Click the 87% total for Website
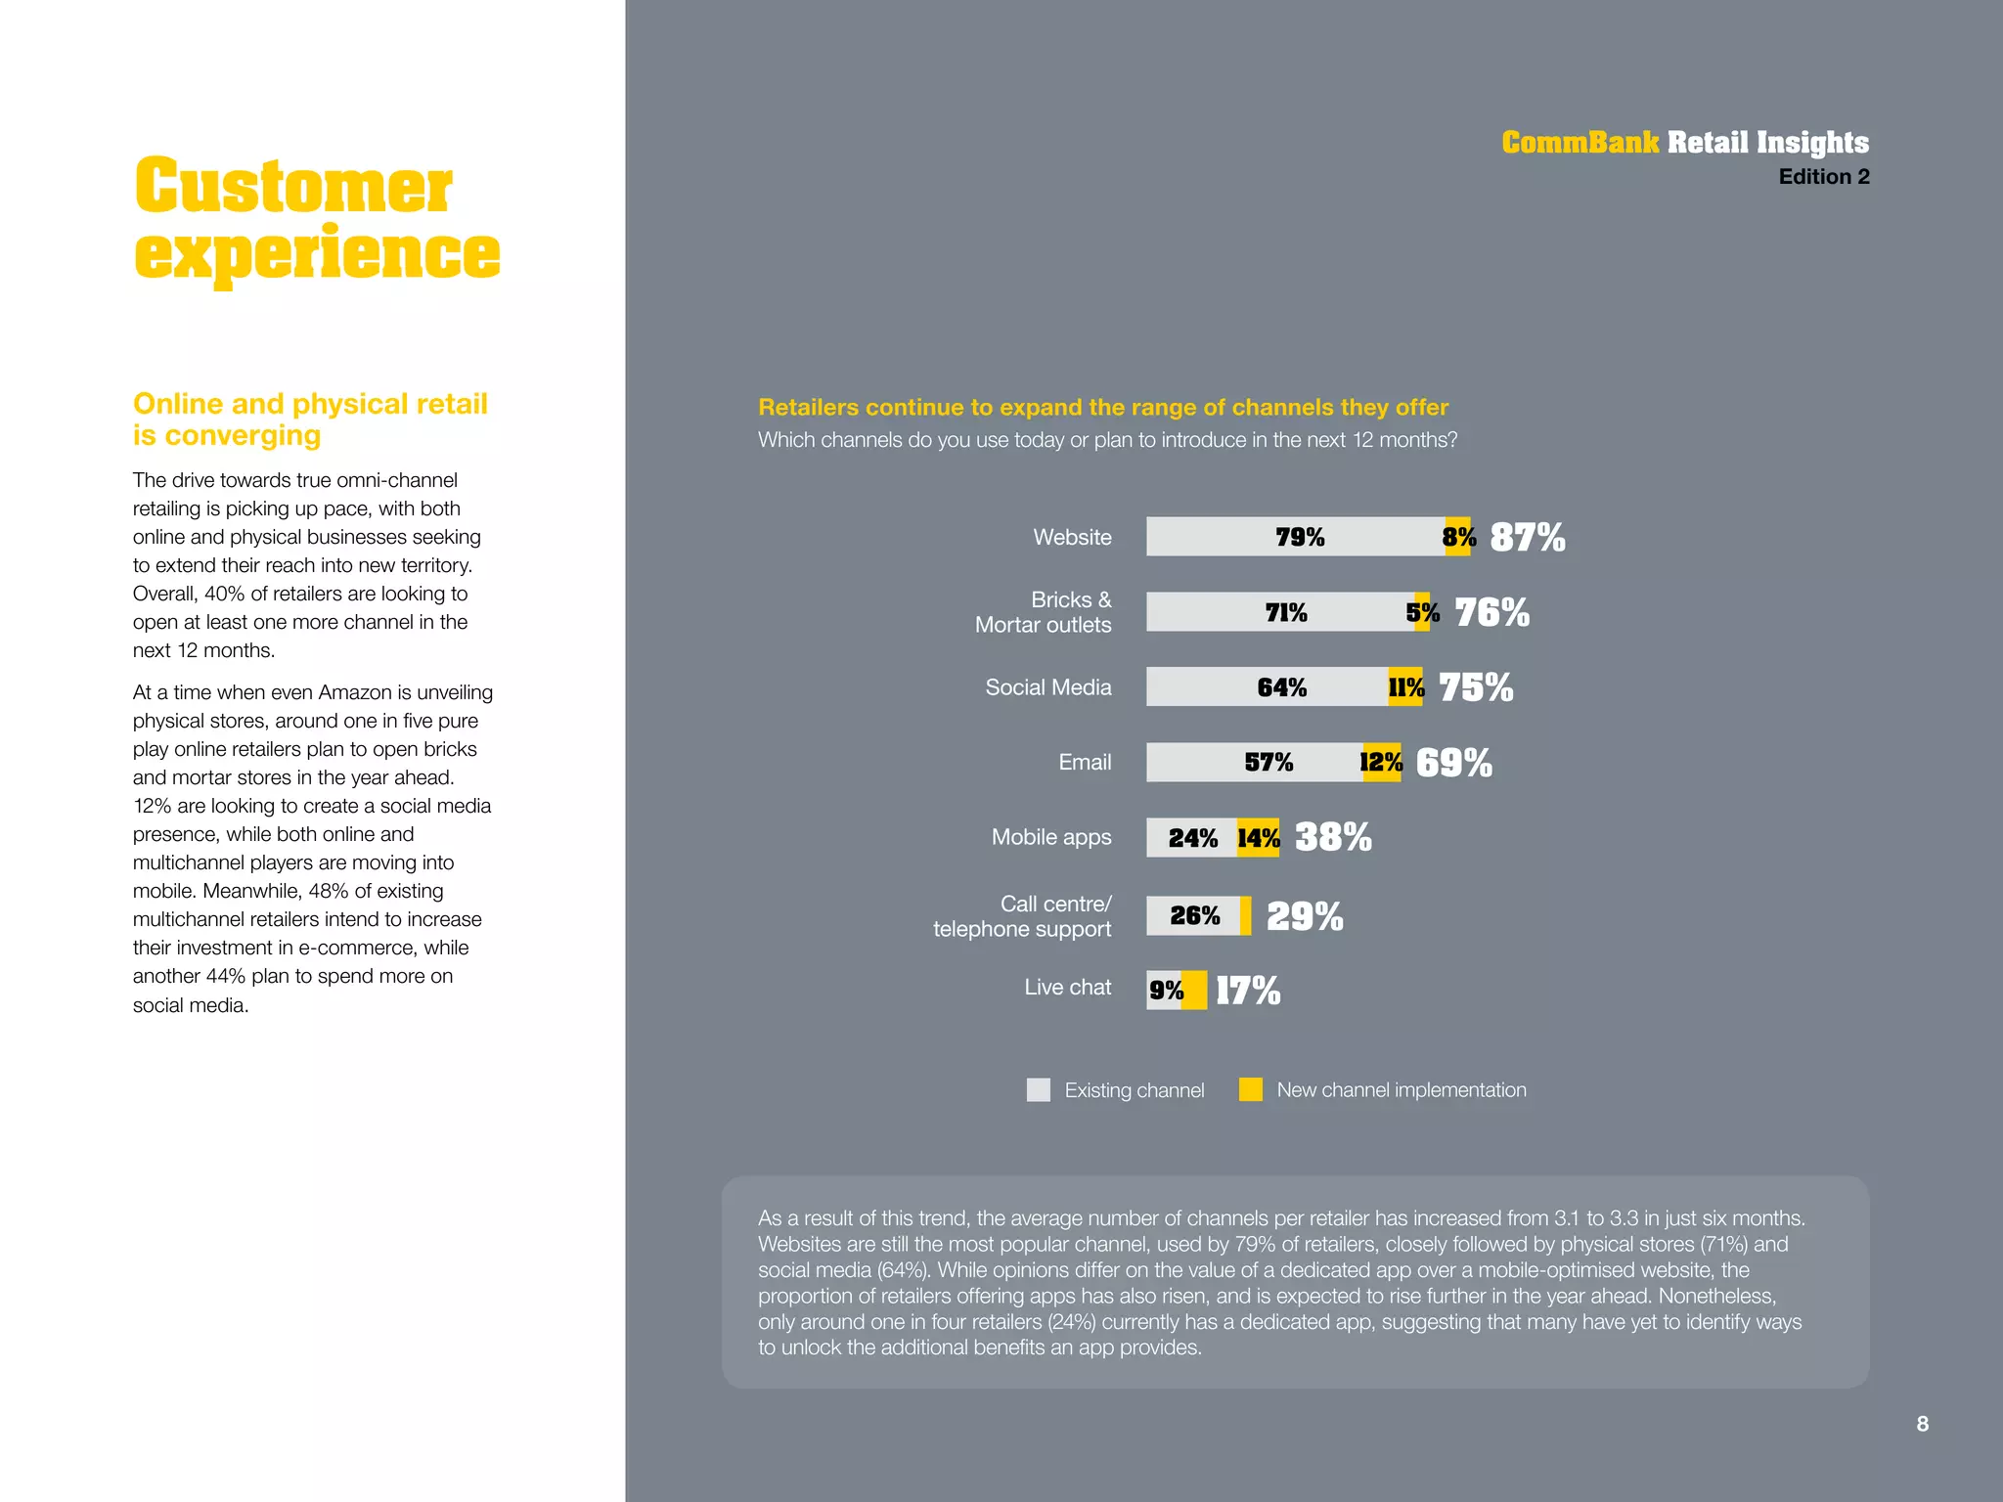point(1527,537)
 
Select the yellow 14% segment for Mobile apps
point(1259,838)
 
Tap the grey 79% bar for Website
point(1296,537)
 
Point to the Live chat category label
point(1067,988)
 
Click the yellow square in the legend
point(1250,1089)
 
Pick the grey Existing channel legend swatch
point(1038,1089)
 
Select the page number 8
point(1922,1424)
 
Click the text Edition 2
point(1823,177)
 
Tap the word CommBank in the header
point(1580,143)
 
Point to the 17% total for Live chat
point(1248,991)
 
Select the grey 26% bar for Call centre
point(1194,916)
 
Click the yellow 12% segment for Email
point(1381,763)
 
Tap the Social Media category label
point(1047,687)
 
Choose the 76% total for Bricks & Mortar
point(1491,612)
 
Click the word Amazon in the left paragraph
point(354,692)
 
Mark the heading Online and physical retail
point(310,404)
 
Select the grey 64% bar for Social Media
point(1268,687)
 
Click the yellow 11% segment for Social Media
point(1405,687)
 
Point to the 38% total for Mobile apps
point(1332,838)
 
